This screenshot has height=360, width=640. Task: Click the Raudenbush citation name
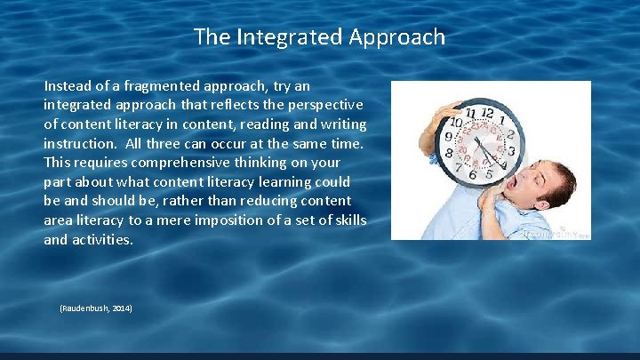pos(84,308)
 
